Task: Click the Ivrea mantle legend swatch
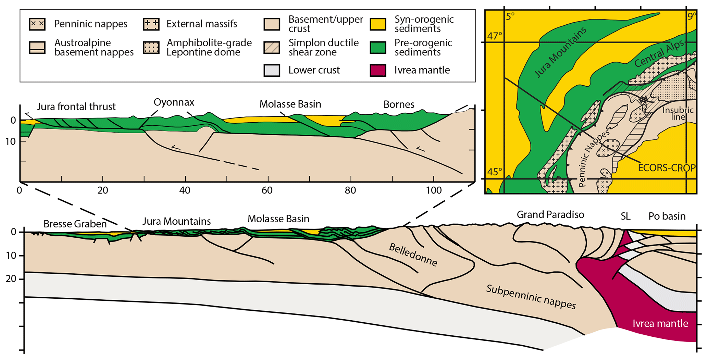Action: (x=378, y=70)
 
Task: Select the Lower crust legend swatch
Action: (x=272, y=70)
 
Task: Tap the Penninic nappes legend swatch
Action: (x=37, y=24)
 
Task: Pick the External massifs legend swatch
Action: (x=151, y=24)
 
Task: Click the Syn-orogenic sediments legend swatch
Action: (x=378, y=24)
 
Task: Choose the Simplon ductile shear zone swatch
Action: (x=272, y=48)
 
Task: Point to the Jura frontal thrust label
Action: (x=76, y=107)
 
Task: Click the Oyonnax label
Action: (x=174, y=102)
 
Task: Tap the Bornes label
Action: (x=399, y=104)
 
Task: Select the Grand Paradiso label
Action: (x=550, y=215)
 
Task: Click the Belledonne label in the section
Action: (x=413, y=255)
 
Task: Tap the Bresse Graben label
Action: (x=75, y=224)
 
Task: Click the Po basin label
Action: (x=667, y=216)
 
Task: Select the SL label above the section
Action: (x=625, y=216)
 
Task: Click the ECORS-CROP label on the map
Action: (x=667, y=168)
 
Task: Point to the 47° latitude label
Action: (x=495, y=36)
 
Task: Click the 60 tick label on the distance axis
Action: (x=267, y=190)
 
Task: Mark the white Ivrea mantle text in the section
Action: (x=660, y=323)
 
